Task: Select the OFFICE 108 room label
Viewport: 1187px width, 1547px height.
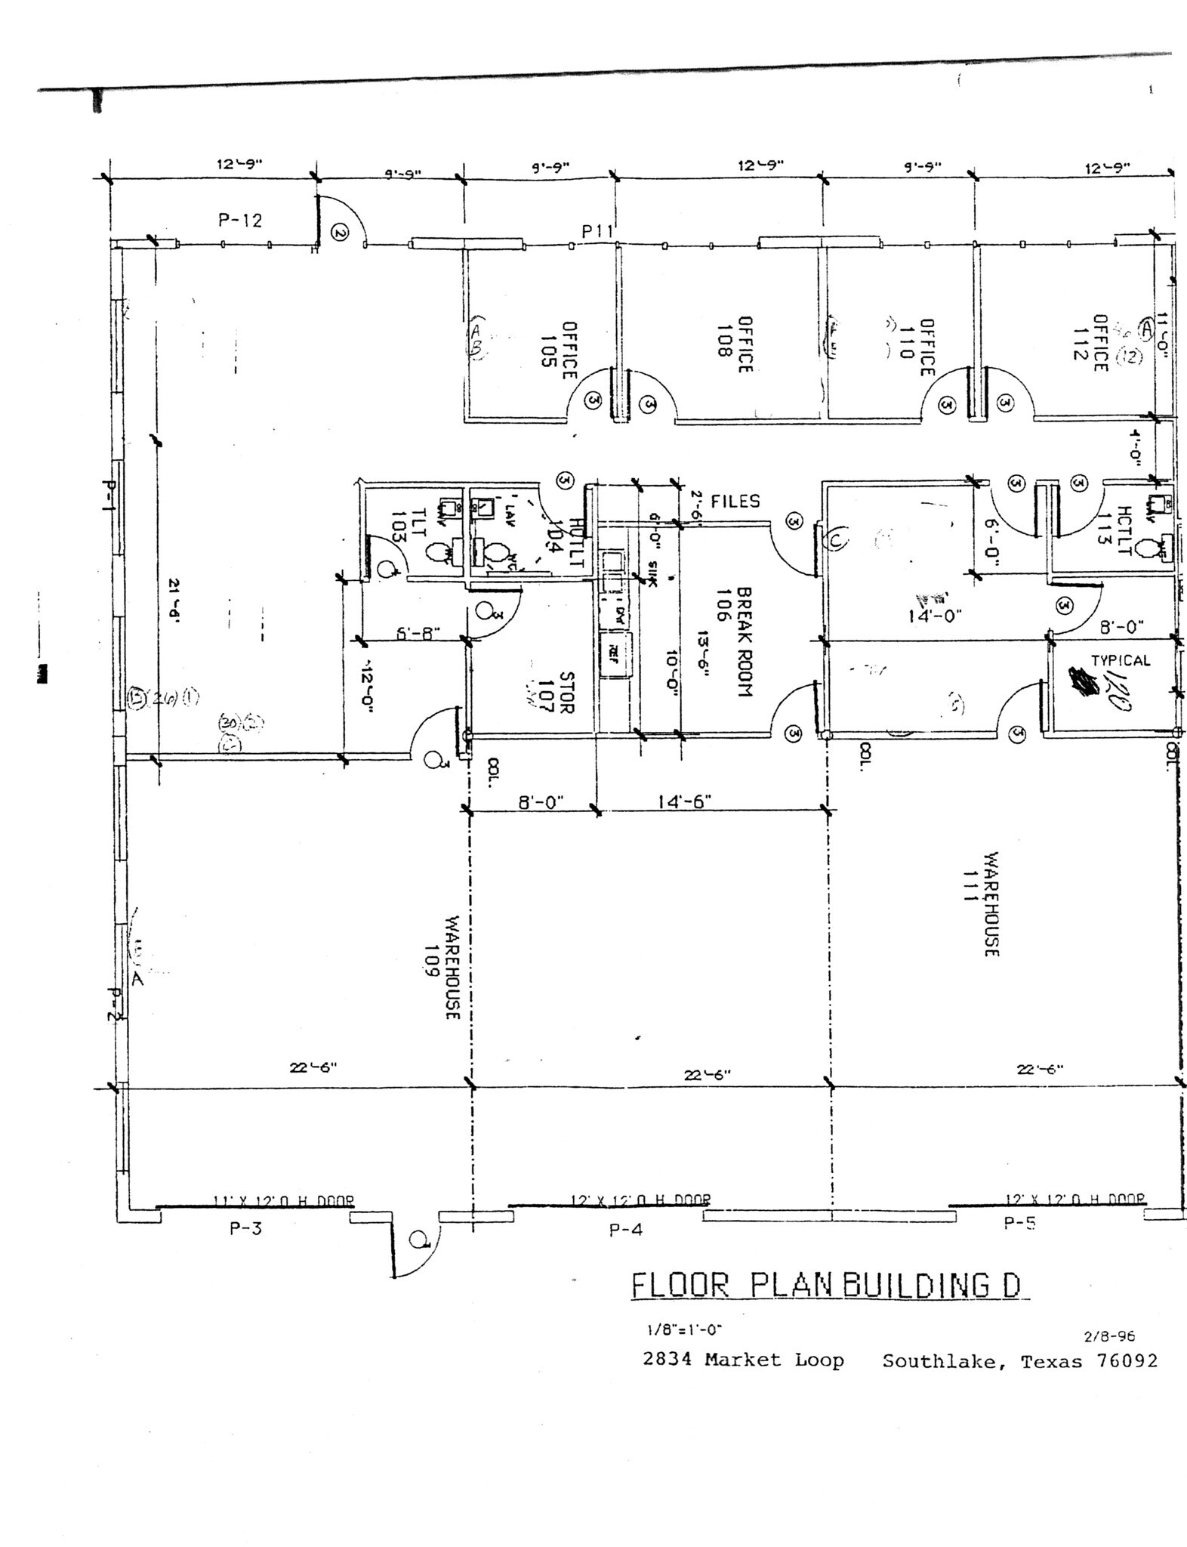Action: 735,344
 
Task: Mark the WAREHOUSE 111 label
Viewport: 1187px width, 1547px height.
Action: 981,904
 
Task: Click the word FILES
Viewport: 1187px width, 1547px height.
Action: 735,502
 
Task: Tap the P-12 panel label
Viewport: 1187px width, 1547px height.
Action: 240,221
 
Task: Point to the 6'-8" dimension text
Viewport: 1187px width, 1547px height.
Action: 418,633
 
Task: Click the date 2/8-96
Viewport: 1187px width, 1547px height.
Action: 1109,1336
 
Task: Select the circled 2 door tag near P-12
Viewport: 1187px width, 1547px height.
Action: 340,233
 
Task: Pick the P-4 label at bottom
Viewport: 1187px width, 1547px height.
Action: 625,1230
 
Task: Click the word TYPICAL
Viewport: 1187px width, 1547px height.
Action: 1120,660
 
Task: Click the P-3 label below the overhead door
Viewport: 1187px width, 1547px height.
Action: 245,1229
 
